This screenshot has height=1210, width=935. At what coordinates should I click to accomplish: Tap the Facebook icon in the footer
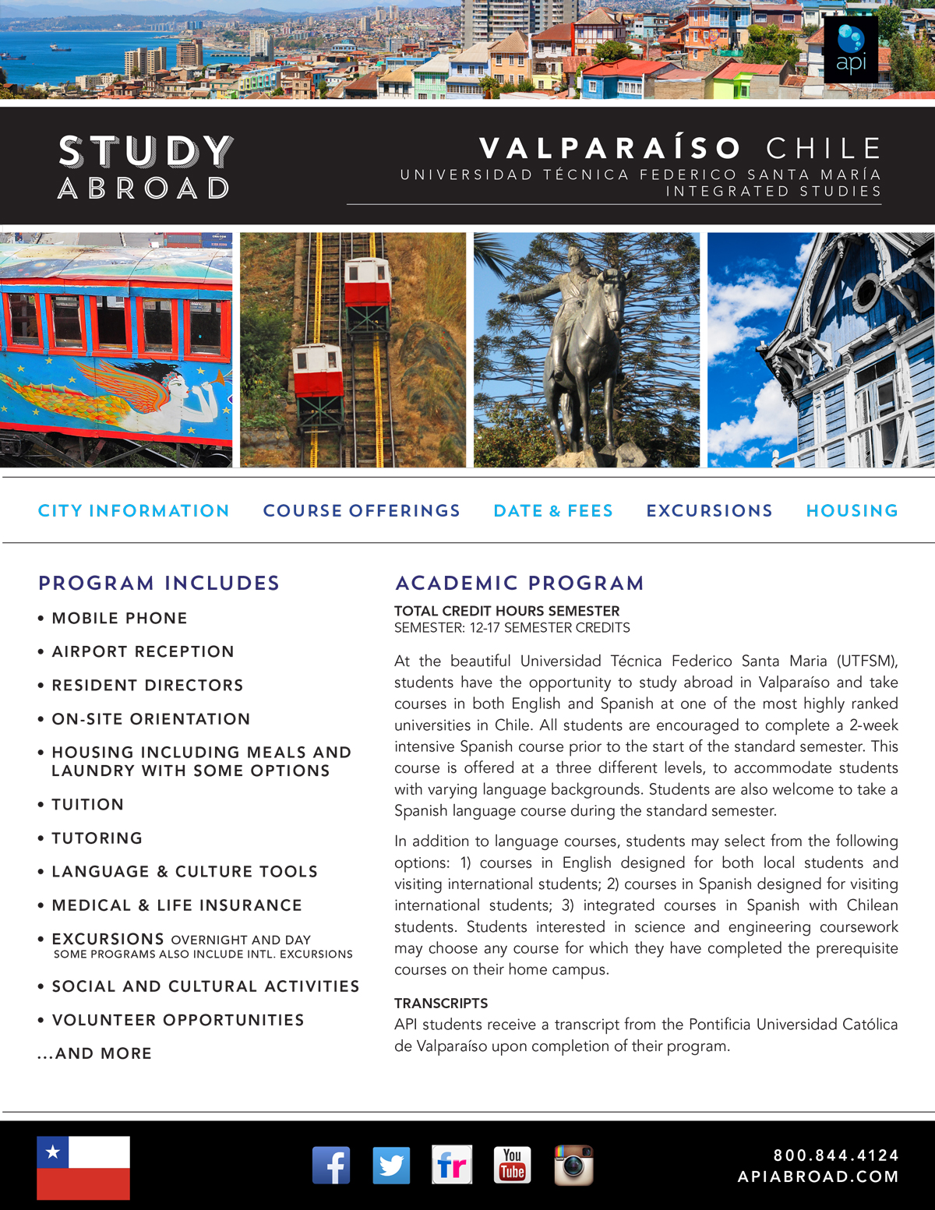point(331,1165)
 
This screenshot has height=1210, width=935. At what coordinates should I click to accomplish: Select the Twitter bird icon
point(391,1165)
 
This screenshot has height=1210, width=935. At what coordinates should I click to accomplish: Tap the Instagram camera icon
point(573,1165)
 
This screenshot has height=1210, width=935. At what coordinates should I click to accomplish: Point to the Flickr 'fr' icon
point(452,1165)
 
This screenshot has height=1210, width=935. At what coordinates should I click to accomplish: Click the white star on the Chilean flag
point(53,1152)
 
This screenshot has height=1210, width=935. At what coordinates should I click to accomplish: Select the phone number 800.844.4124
point(836,1155)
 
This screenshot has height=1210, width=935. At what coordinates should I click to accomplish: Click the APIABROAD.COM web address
point(818,1176)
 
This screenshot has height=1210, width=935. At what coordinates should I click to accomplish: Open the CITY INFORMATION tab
point(134,511)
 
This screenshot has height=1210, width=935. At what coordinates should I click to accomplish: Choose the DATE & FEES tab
point(553,511)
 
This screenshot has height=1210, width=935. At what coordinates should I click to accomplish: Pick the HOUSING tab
point(852,511)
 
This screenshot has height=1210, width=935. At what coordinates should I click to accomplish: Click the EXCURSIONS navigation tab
point(709,511)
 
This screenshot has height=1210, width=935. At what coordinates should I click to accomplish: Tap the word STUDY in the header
point(146,152)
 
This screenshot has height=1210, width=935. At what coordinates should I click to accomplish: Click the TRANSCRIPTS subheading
point(441,1004)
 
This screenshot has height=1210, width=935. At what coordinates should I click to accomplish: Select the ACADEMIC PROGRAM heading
point(520,583)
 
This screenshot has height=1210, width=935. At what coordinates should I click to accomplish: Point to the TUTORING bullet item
point(97,838)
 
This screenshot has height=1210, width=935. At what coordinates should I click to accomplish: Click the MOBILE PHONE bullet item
point(119,619)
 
